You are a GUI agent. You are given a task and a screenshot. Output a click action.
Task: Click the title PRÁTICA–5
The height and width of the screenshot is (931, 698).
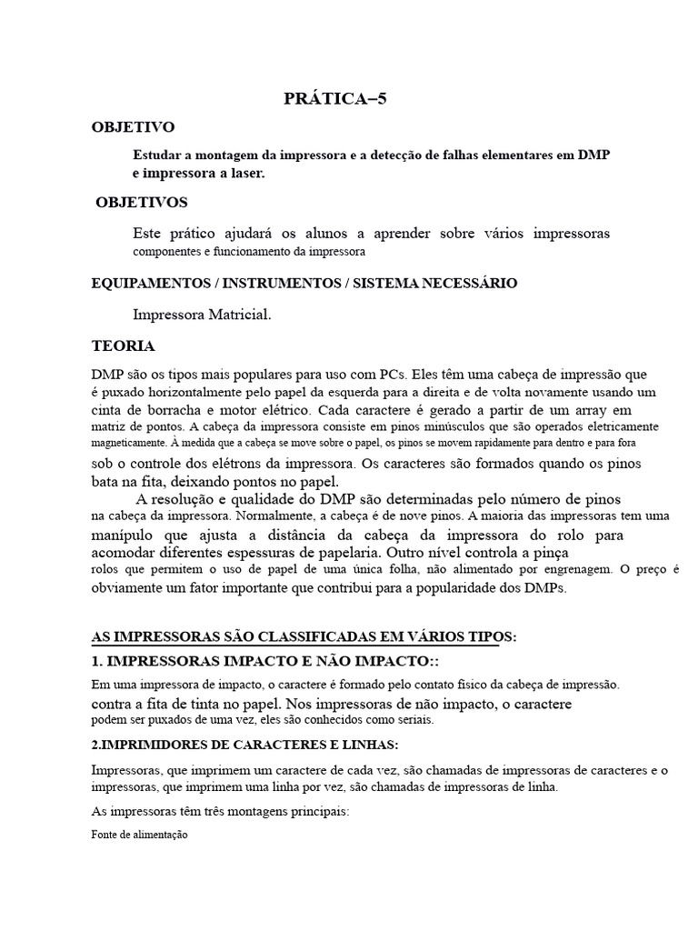335,100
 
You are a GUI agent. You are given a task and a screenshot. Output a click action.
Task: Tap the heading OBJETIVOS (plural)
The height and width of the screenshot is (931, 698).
142,202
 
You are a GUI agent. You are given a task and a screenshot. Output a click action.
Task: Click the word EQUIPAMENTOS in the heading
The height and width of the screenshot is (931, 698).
149,284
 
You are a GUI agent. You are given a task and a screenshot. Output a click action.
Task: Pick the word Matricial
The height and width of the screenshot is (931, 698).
234,315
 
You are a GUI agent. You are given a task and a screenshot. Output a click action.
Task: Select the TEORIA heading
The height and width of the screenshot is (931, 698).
124,346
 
